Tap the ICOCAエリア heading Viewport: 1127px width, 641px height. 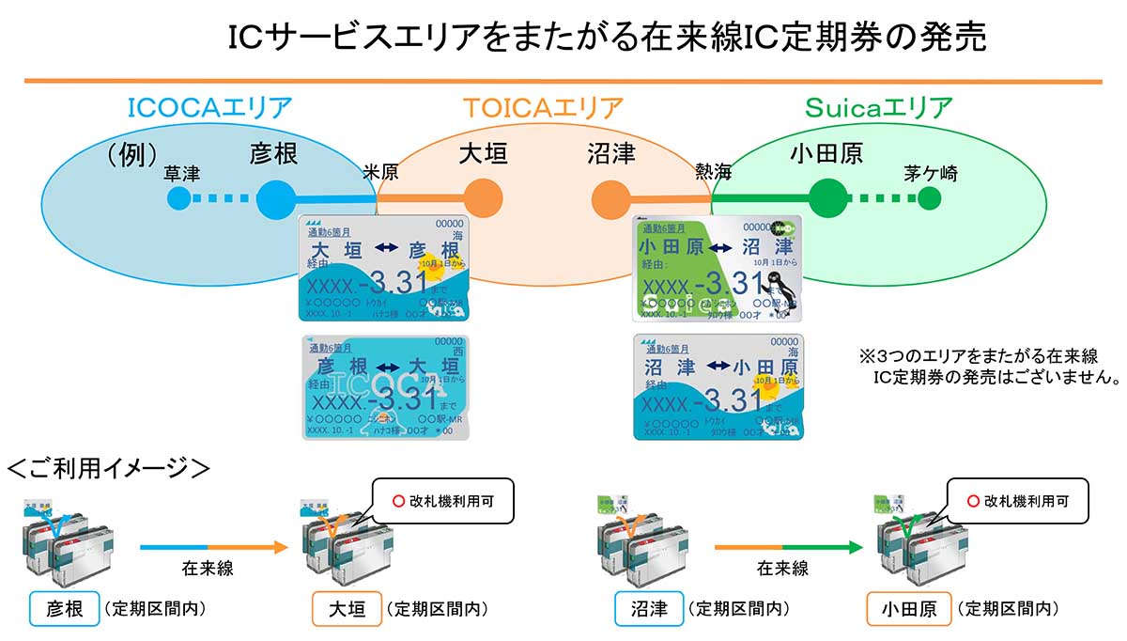pyautogui.click(x=209, y=108)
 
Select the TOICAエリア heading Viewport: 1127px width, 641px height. pyautogui.click(x=543, y=108)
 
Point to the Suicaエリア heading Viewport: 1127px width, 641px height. pyautogui.click(x=878, y=108)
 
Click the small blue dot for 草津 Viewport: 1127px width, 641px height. pyautogui.click(x=178, y=198)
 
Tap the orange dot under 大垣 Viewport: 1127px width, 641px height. pyautogui.click(x=483, y=198)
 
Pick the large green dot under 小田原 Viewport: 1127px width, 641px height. pyautogui.click(x=827, y=198)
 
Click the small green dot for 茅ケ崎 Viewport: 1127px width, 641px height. pyautogui.click(x=929, y=198)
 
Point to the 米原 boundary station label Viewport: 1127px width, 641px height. pyautogui.click(x=381, y=173)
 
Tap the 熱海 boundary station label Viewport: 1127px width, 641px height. pyautogui.click(x=713, y=173)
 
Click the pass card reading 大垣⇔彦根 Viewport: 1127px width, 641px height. pyautogui.click(x=386, y=268)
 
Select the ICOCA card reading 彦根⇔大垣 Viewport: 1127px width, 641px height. pyautogui.click(x=386, y=386)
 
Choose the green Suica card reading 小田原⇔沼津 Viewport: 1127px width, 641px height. pyautogui.click(x=718, y=268)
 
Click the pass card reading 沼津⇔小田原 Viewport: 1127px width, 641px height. pyautogui.click(x=718, y=386)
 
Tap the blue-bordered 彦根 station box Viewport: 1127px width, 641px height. pyautogui.click(x=64, y=609)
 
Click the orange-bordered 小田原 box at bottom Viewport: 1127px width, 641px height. pyautogui.click(x=908, y=609)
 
